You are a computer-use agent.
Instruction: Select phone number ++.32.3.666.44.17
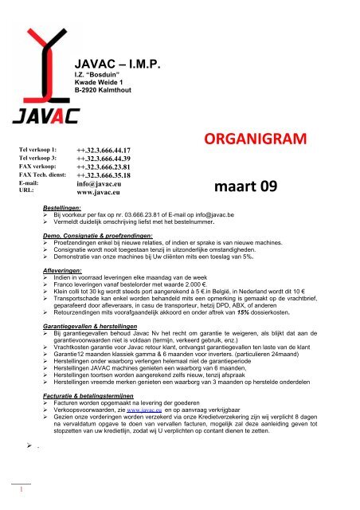[x=104, y=151]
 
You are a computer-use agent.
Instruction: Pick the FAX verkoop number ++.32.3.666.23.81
[x=104, y=168]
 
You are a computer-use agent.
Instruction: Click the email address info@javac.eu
[x=100, y=184]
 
